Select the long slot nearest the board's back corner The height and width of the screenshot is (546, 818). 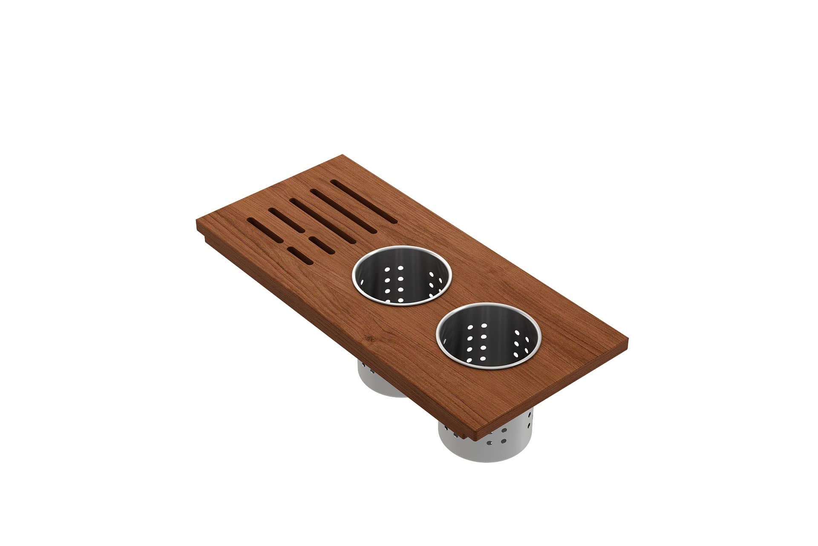pyautogui.click(x=364, y=201)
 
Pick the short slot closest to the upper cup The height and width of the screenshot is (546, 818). pyautogui.click(x=322, y=244)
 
